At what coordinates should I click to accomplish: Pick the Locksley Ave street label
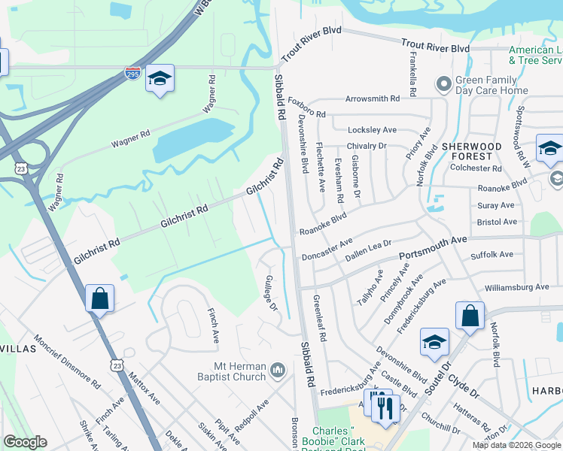pyautogui.click(x=372, y=130)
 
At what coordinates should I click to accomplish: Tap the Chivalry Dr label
pyautogui.click(x=366, y=146)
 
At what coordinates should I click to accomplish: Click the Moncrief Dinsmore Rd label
pyautogui.click(x=67, y=362)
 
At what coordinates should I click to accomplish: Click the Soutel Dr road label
pyautogui.click(x=438, y=374)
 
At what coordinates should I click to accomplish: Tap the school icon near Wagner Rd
pyautogui.click(x=160, y=80)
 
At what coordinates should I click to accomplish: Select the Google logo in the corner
pyautogui.click(x=25, y=442)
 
